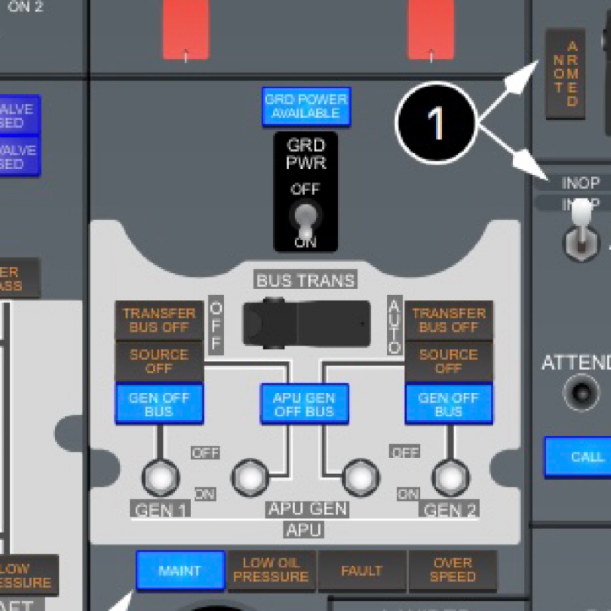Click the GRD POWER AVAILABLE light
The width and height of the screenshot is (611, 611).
pyautogui.click(x=306, y=106)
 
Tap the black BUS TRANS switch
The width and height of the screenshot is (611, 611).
pyautogui.click(x=306, y=323)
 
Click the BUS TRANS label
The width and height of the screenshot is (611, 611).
pyautogui.click(x=305, y=280)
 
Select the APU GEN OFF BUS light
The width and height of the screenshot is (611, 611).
pyautogui.click(x=305, y=404)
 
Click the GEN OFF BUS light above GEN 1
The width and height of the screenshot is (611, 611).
pyautogui.click(x=159, y=404)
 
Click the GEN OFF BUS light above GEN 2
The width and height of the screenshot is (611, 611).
pyautogui.click(x=449, y=404)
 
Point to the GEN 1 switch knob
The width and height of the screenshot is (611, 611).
pyautogui.click(x=160, y=478)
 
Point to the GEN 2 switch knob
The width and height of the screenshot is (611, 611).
pyautogui.click(x=451, y=478)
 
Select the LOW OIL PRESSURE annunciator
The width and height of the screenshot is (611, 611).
pyautogui.click(x=271, y=570)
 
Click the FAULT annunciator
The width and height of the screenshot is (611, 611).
pyautogui.click(x=362, y=570)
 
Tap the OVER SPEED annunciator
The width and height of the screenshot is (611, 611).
pyautogui.click(x=453, y=570)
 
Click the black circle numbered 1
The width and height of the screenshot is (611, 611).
pyautogui.click(x=436, y=123)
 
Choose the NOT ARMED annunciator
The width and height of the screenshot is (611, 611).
pyautogui.click(x=565, y=73)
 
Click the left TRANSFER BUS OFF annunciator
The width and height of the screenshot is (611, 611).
pyautogui.click(x=159, y=320)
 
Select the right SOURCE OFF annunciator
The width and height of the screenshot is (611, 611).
pyautogui.click(x=449, y=361)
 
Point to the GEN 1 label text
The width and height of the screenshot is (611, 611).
pyautogui.click(x=160, y=509)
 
